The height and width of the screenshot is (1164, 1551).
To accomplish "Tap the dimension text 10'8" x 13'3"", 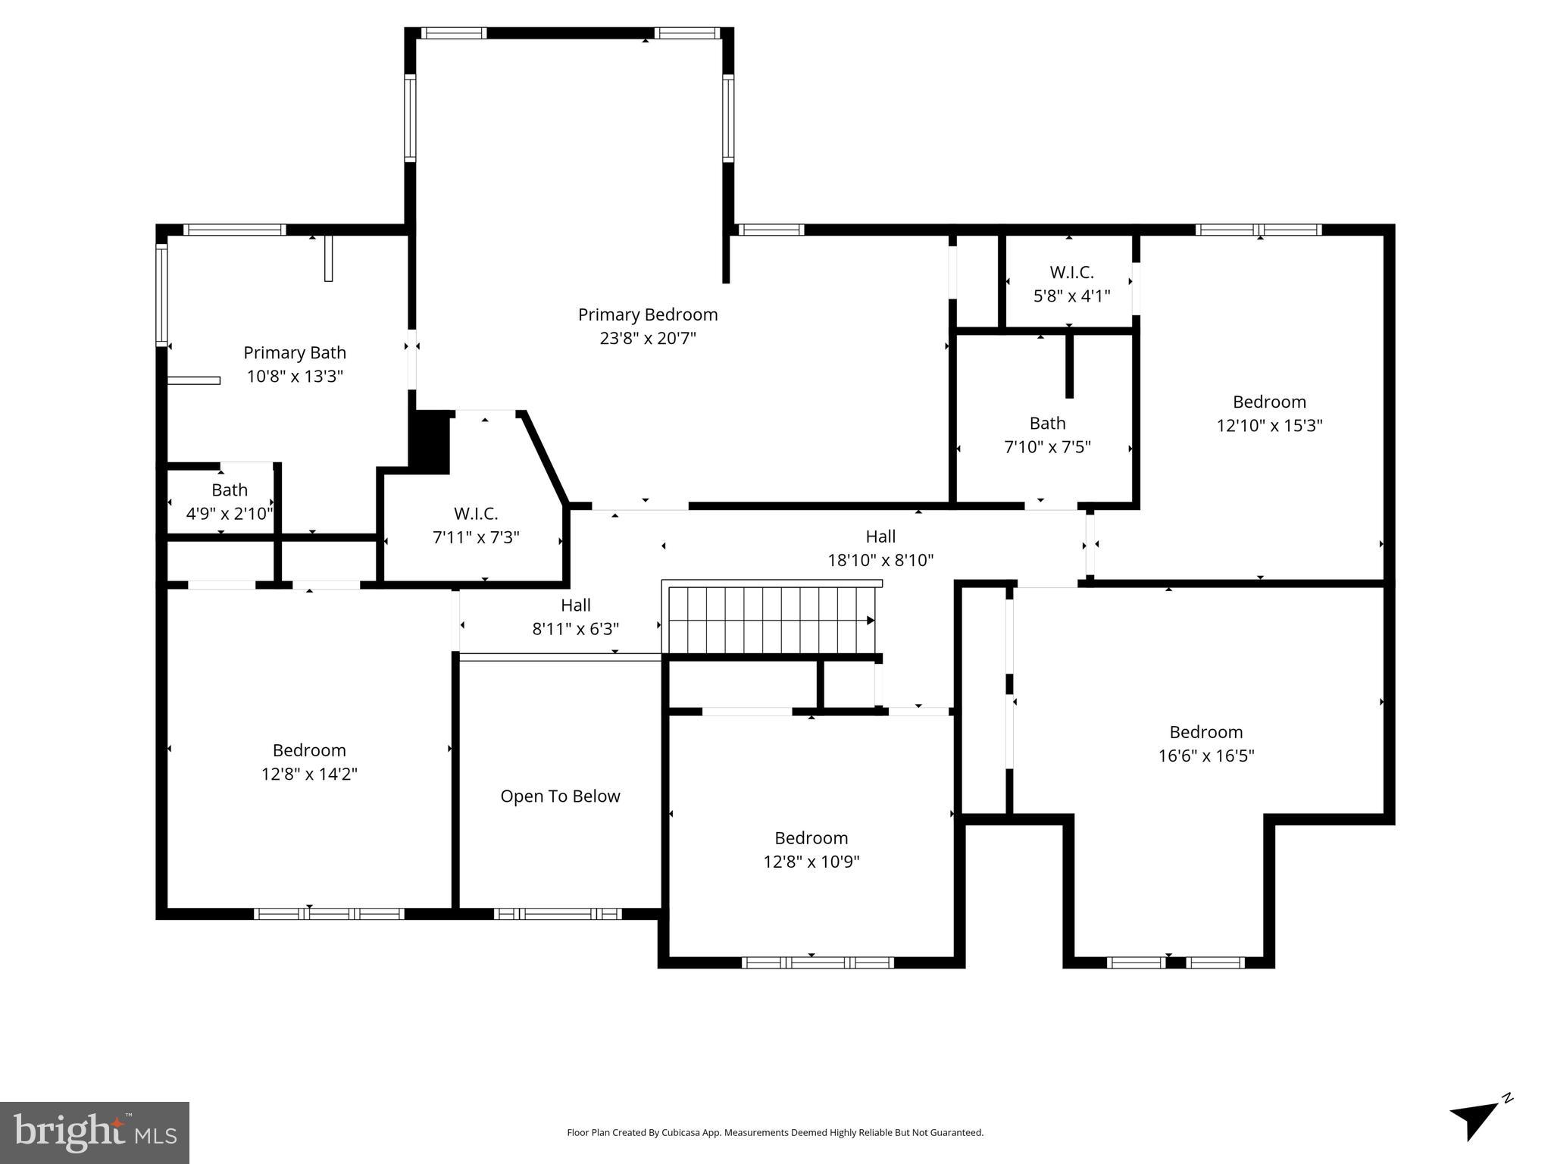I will click(x=295, y=377).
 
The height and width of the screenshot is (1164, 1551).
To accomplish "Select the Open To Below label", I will click(x=560, y=796).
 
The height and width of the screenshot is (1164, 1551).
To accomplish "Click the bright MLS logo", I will click(x=95, y=1133).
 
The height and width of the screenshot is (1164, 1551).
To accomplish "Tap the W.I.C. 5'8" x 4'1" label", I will click(x=1071, y=284).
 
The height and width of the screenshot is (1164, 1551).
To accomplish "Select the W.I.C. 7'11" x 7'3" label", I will click(x=476, y=525).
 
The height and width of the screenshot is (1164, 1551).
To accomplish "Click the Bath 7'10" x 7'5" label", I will click(x=1047, y=435).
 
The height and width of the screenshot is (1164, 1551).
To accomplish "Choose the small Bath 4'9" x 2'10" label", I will click(x=229, y=502).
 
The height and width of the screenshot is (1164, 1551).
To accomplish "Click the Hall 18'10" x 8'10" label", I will click(x=880, y=548).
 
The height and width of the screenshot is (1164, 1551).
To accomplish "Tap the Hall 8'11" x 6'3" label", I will click(x=576, y=617).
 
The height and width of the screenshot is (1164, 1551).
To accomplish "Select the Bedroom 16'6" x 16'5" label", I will click(x=1205, y=743).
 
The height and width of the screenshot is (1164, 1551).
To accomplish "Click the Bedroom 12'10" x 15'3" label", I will click(x=1269, y=413).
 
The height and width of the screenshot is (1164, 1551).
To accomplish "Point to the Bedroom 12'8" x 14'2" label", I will click(x=309, y=762).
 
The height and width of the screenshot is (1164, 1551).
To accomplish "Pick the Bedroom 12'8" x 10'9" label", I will click(x=811, y=850).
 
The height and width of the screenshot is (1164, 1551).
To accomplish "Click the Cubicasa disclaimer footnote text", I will click(x=774, y=1133).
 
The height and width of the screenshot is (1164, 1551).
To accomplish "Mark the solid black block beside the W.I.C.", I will click(x=430, y=443).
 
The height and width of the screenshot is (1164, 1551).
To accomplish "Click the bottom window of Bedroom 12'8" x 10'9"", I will click(x=817, y=962).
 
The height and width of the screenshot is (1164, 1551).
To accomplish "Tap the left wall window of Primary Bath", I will click(x=161, y=294).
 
